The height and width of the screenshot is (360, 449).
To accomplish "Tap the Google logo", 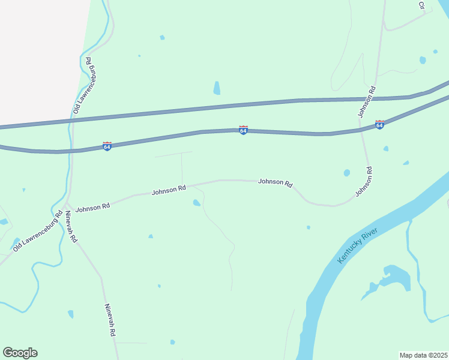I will [x=20, y=353].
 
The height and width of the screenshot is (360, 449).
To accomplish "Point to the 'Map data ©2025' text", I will [x=424, y=355].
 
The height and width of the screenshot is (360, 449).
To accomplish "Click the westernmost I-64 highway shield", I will [x=107, y=146].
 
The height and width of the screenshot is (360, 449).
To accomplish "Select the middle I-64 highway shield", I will [x=243, y=130].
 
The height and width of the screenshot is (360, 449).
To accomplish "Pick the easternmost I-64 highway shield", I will [x=379, y=125].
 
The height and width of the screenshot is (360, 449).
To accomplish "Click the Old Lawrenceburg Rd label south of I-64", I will [x=38, y=230].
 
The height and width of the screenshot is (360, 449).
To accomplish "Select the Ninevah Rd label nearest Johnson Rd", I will [x=71, y=227].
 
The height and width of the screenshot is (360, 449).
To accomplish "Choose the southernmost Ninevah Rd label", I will [x=110, y=319].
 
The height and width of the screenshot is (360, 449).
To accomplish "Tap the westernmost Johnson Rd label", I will [x=92, y=206].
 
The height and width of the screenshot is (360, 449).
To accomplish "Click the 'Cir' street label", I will [x=421, y=5].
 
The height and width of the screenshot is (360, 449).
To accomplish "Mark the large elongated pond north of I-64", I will [x=217, y=88].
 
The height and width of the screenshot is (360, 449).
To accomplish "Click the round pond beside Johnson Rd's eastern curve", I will [x=347, y=173].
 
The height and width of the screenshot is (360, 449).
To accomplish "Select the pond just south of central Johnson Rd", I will [x=196, y=203].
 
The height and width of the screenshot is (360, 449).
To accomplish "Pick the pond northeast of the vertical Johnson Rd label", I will [x=423, y=60].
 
